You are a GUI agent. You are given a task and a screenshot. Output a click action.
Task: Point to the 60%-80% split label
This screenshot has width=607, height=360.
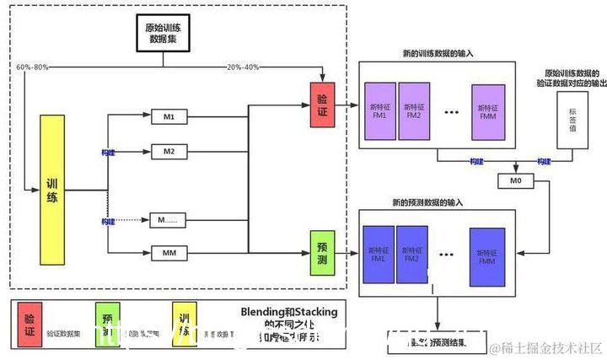point(33,67)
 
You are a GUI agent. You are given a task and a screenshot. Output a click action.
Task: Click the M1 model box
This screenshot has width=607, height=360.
point(168,116)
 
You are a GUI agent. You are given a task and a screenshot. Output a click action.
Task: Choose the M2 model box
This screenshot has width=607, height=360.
point(168,152)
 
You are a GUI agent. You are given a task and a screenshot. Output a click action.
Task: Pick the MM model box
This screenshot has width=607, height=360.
point(168,251)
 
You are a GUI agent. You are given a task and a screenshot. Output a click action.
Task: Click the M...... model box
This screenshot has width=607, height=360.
point(168,220)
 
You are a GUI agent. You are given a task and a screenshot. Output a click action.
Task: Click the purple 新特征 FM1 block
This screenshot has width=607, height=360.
point(378,110)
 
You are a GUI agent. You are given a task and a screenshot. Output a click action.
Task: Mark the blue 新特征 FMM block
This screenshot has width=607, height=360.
point(487,255)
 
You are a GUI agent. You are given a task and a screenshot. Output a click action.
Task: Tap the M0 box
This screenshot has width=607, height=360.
point(516,181)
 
